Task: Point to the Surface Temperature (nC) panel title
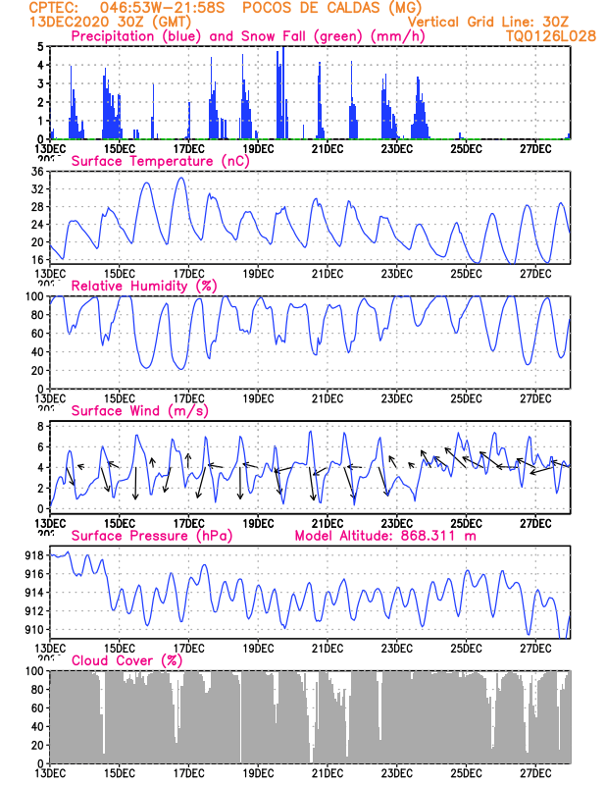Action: click(160, 161)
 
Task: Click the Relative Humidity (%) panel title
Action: click(142, 286)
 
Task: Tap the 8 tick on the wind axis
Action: click(40, 427)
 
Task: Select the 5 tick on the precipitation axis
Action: click(40, 46)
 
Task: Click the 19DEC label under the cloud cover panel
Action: click(258, 773)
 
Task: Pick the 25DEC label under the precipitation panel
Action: click(466, 148)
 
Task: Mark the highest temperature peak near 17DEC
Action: click(180, 178)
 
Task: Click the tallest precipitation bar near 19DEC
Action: click(282, 49)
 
